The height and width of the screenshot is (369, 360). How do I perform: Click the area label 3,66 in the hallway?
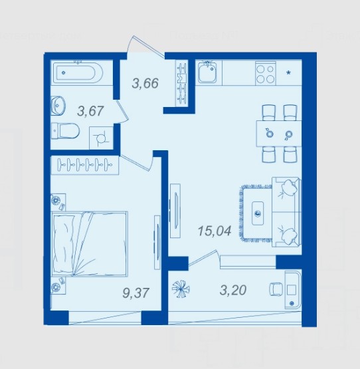(x=145, y=84)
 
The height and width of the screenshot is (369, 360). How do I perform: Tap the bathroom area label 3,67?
(x=90, y=111)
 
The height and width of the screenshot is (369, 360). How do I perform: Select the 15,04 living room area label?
(x=215, y=231)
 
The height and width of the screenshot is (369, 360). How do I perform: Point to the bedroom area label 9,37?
(x=135, y=293)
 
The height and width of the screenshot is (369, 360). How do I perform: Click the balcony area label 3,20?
(x=233, y=290)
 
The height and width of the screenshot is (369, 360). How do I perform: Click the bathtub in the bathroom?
(x=78, y=72)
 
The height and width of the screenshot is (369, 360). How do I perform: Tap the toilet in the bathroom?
(x=65, y=130)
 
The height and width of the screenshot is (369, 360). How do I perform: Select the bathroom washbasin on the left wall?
(x=58, y=106)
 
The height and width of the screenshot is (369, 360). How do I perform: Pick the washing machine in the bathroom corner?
(x=102, y=138)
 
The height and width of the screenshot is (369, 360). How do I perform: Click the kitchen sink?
(x=207, y=72)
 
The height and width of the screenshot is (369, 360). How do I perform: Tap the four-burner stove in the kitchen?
(x=265, y=74)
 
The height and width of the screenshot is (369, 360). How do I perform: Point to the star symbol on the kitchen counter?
(x=288, y=72)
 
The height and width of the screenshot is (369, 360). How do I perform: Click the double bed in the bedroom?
(x=90, y=243)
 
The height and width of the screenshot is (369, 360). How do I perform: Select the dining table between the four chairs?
(x=279, y=134)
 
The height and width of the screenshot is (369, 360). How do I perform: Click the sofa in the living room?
(x=287, y=212)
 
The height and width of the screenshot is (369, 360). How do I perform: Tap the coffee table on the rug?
(x=258, y=213)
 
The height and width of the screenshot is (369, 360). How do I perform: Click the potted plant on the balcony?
(x=181, y=289)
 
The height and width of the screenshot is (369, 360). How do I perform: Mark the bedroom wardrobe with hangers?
(x=85, y=165)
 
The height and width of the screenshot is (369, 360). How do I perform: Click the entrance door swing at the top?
(x=145, y=47)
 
